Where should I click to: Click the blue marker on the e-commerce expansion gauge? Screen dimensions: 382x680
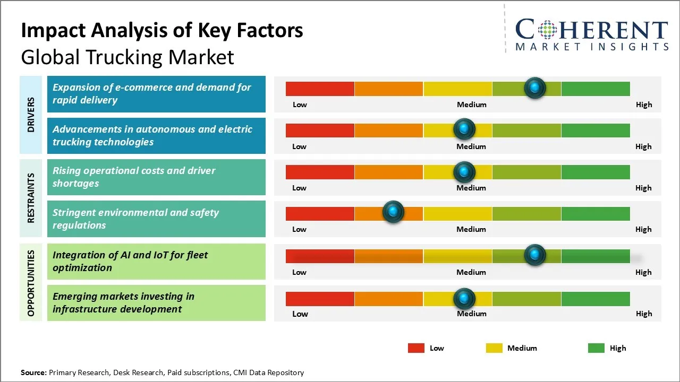coord(534,88)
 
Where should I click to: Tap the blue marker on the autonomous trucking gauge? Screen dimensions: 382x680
coord(464,129)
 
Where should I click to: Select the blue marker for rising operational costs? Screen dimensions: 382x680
coord(464,171)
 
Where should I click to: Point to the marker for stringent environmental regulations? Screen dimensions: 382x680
coord(393,212)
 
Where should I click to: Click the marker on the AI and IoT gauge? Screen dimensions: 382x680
coord(534,255)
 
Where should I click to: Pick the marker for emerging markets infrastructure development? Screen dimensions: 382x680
coord(464,299)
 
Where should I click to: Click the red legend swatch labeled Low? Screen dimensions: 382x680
coord(416,348)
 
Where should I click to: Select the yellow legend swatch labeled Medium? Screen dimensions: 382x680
coord(494,348)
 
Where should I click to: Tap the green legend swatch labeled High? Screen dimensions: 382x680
coord(596,348)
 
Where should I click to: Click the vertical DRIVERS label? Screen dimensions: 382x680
coord(31,115)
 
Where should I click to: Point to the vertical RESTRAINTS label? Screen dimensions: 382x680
coord(31,198)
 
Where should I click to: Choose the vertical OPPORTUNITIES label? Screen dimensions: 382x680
coord(31,283)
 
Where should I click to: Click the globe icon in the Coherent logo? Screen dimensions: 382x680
coord(546,31)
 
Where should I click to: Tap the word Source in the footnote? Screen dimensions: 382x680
coord(33,372)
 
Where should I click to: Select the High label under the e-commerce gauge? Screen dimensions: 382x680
coord(644,105)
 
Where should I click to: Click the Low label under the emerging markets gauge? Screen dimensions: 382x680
coord(300,314)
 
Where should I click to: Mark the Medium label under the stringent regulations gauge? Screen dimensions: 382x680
coord(471,229)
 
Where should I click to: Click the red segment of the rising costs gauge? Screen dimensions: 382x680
coord(320,172)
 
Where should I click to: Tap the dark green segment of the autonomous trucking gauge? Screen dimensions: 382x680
coord(596,130)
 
